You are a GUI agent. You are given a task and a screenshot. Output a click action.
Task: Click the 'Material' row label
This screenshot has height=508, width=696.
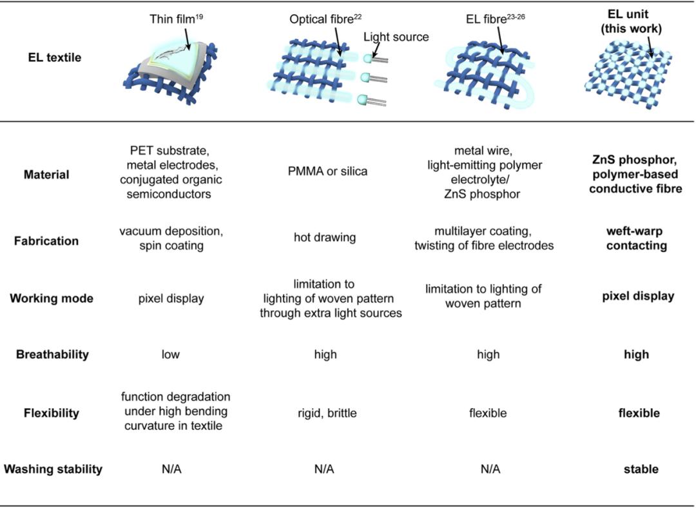click(46, 175)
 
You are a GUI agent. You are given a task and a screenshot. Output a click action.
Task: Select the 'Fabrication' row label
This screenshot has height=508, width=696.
click(46, 240)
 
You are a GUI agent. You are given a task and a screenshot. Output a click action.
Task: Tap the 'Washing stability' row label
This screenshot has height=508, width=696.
click(53, 469)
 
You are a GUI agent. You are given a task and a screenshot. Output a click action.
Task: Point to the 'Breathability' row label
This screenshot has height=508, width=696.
click(52, 355)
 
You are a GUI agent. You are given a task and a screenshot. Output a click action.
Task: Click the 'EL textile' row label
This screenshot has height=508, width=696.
click(55, 57)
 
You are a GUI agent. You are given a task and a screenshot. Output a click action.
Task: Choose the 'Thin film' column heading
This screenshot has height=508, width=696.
click(176, 19)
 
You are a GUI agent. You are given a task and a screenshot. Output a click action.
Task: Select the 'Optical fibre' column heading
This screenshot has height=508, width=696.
click(325, 19)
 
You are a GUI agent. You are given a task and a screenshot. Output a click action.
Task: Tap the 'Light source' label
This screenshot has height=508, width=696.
click(396, 36)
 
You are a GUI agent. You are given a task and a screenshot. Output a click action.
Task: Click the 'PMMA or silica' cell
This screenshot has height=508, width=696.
click(327, 171)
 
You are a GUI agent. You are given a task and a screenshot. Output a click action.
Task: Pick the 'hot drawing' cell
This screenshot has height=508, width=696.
click(324, 237)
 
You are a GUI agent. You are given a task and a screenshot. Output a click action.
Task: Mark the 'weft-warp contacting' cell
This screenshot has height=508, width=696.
click(636, 239)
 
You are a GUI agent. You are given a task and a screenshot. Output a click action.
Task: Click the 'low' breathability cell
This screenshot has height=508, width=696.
click(170, 355)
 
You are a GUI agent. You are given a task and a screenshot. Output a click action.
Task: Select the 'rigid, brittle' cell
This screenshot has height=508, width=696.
click(327, 413)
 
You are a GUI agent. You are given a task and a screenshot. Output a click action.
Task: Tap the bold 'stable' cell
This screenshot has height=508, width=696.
click(641, 469)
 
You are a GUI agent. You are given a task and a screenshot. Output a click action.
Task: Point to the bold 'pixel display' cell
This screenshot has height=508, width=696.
click(638, 296)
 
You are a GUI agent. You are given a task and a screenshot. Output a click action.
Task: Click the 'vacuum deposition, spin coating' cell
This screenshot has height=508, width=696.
click(171, 239)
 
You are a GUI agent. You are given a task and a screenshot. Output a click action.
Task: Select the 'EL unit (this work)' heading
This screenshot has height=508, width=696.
click(631, 21)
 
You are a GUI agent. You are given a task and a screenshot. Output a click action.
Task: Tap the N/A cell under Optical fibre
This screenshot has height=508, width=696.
click(324, 469)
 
